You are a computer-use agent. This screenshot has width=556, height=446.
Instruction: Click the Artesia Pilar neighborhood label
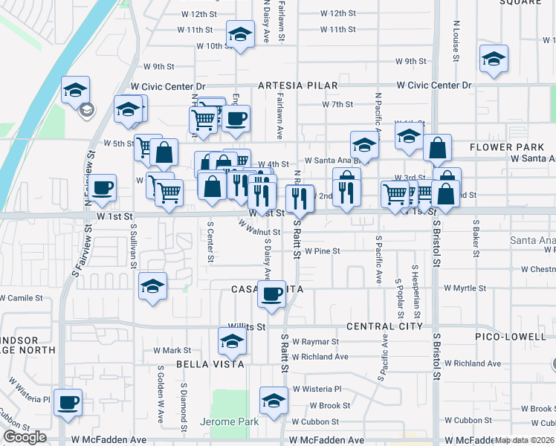coord(297,86)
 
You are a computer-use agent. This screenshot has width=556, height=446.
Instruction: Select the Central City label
coord(384,326)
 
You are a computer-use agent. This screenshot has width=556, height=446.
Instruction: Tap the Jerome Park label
coord(230,422)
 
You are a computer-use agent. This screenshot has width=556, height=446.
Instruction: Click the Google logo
coord(25,437)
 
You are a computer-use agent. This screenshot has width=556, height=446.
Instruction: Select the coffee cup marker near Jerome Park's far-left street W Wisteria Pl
coord(68,401)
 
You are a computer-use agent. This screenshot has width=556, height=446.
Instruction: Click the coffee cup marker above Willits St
coord(271,294)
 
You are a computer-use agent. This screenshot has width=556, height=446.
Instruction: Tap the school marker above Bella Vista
coord(231,341)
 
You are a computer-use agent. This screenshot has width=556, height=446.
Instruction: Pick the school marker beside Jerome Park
coord(274,400)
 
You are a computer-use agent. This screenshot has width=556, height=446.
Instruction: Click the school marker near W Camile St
coord(152,285)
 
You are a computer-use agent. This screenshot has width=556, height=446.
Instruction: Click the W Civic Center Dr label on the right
coord(434,86)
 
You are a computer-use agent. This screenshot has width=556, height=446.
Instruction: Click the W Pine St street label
coord(322,251)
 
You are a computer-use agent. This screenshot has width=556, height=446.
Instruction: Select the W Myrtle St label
coord(465,288)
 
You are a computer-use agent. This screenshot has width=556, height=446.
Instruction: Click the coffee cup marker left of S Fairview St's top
coord(103,187)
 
